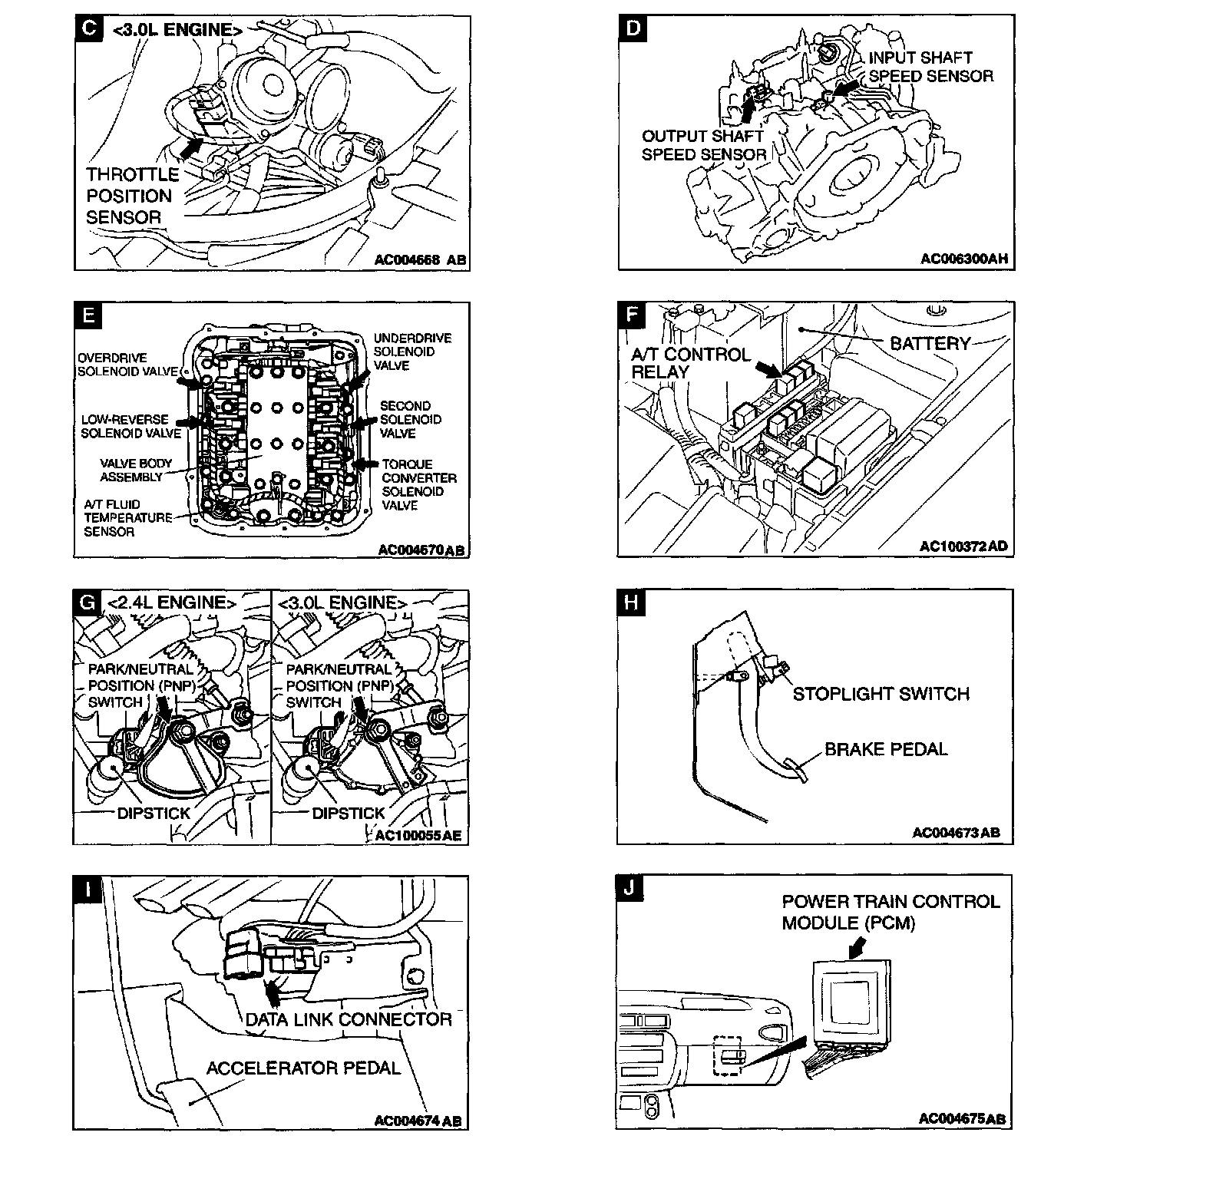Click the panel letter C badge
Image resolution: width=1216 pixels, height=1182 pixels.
[x=88, y=28]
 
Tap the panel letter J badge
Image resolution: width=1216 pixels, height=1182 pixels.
[x=629, y=888]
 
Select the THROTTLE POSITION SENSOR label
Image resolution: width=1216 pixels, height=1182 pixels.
[x=132, y=196]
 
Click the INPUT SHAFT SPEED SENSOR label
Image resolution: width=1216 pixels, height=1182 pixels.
[x=930, y=67]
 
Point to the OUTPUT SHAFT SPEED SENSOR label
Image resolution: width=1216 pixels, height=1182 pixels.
[x=703, y=145]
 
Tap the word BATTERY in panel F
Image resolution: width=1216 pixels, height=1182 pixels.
[x=930, y=343]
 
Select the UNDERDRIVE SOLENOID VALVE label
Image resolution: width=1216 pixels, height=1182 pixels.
[x=412, y=352]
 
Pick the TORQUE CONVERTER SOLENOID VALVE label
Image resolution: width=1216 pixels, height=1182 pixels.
[x=419, y=485]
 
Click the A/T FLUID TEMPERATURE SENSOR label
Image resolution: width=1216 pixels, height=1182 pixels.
[x=127, y=517]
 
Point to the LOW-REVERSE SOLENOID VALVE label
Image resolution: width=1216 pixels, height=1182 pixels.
[x=131, y=426]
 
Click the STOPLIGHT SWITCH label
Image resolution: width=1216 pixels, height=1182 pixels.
[x=881, y=694]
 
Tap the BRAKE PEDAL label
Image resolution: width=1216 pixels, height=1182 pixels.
[x=886, y=749]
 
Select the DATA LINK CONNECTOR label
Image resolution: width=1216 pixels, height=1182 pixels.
[x=348, y=1019]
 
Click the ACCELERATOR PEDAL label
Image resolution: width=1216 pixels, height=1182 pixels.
[x=303, y=1068]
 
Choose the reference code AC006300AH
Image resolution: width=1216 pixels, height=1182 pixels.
[x=963, y=259]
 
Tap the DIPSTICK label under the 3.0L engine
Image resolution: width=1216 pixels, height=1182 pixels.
[x=348, y=813]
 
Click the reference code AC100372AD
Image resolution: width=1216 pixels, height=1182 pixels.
[x=963, y=546]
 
